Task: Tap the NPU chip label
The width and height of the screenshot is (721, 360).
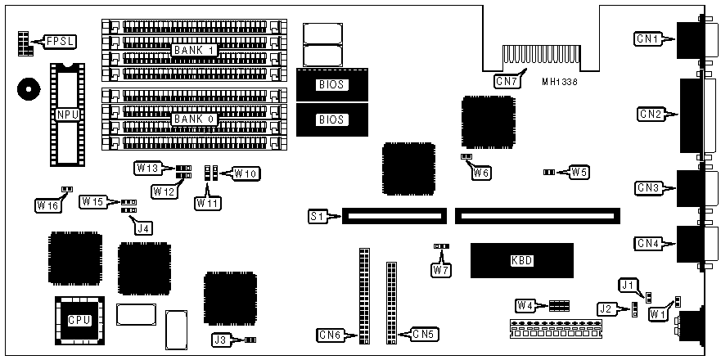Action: (x=67, y=115)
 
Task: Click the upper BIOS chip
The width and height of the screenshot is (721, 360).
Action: (x=332, y=84)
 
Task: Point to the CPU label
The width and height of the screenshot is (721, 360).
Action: (x=79, y=320)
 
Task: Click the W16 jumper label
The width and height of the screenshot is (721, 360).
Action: (x=47, y=205)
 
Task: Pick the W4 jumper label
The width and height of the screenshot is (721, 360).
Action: (x=525, y=305)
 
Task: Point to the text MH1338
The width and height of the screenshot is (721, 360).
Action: (x=560, y=82)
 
